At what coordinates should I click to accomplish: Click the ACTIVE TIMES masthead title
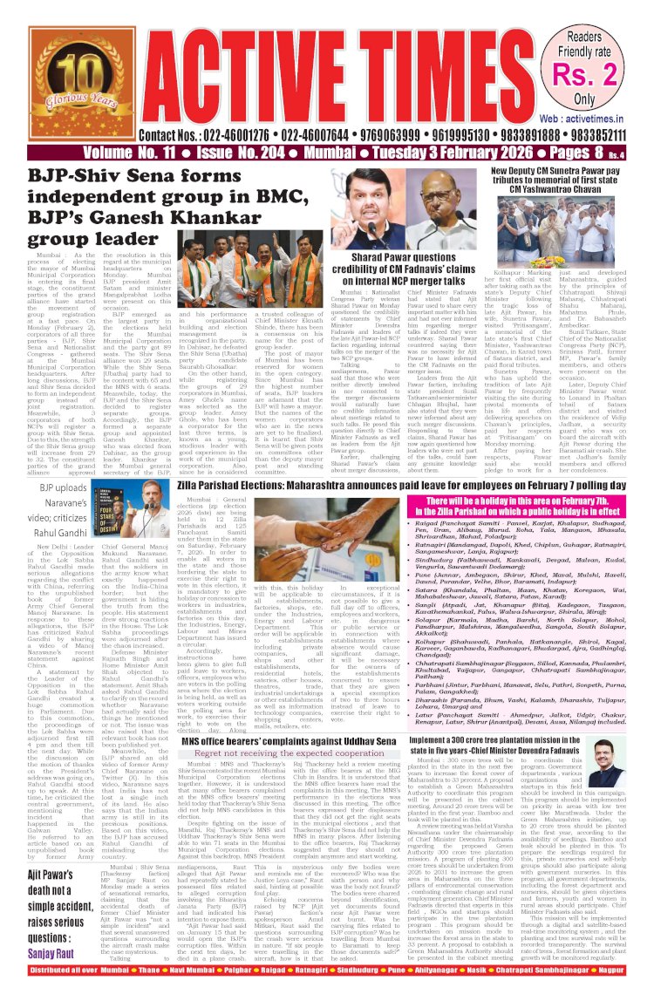pos(323,64)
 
